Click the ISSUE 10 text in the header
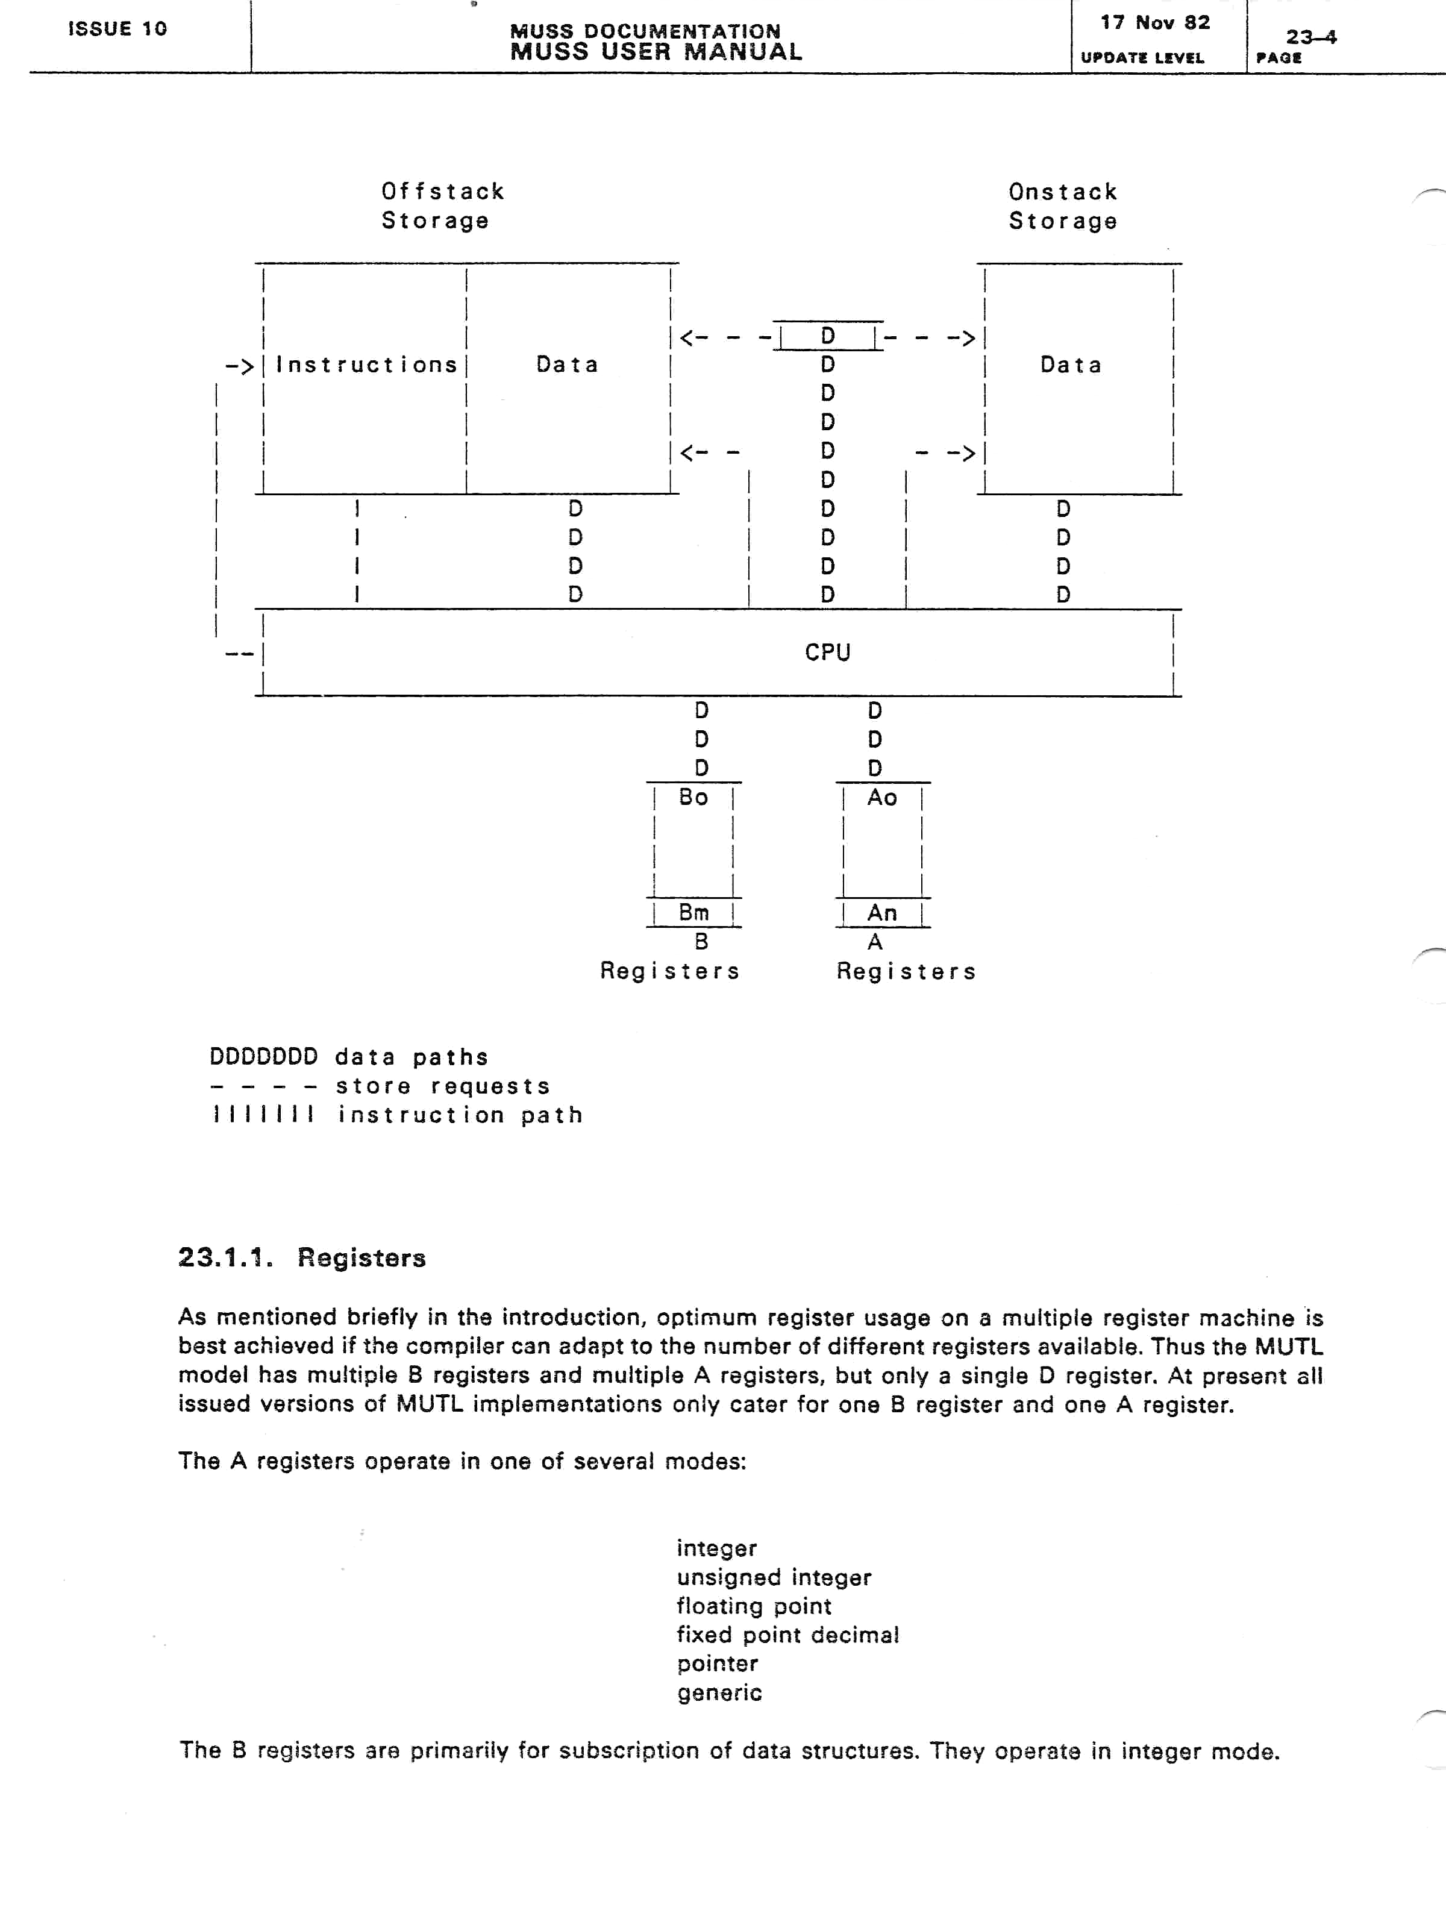(117, 29)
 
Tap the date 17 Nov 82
(1155, 23)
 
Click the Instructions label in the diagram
(366, 365)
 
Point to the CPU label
(827, 652)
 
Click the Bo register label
(694, 797)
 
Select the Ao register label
(882, 797)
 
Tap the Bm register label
(694, 913)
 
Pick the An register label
(882, 913)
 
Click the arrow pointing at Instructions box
(239, 365)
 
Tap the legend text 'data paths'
(412, 1057)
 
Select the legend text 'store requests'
(443, 1086)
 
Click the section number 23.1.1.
(225, 1257)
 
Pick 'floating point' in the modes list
(754, 1606)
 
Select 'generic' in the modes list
(719, 1692)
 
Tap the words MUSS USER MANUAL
(656, 51)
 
